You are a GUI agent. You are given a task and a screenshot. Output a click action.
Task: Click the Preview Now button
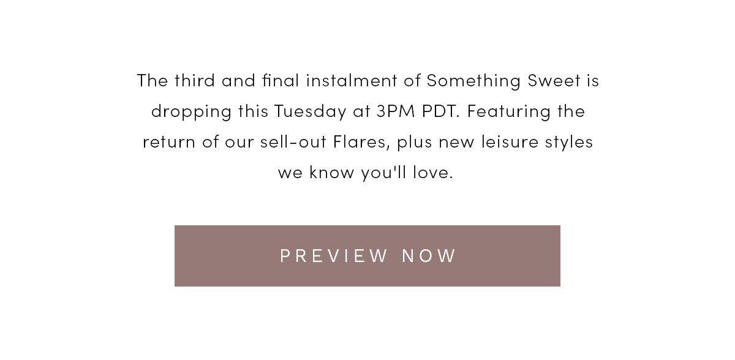coord(367,256)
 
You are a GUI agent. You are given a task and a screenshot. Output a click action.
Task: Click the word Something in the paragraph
coord(473,81)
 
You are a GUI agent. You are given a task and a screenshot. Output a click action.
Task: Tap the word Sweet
coord(554,80)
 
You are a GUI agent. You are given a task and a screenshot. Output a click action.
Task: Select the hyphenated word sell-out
coord(293,141)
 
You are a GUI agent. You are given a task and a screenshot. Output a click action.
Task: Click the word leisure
coord(510,141)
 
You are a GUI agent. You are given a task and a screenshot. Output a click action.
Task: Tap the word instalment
coord(352,80)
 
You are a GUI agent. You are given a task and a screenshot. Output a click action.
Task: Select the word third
coord(195,80)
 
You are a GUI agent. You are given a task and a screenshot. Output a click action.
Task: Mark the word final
coord(281,80)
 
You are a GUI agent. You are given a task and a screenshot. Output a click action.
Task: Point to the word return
coord(169,142)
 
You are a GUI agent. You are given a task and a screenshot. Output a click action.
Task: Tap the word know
coord(332,172)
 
